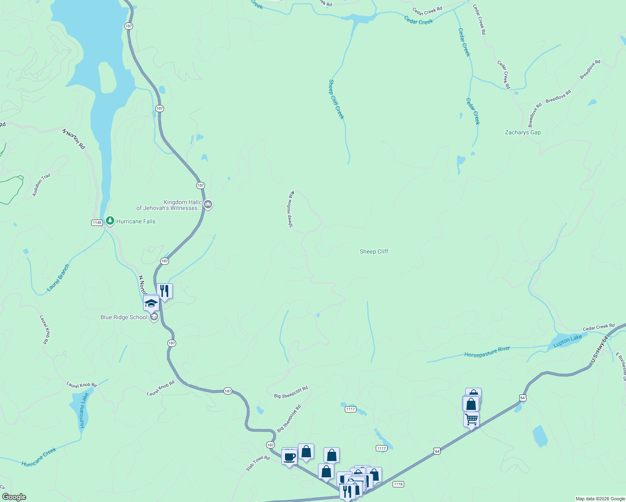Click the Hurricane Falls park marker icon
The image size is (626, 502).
point(110,220)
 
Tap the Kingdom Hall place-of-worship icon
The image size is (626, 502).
point(208,205)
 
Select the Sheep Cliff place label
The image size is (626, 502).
point(374,251)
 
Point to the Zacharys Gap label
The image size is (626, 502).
point(523,132)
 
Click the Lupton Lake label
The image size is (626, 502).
point(567,341)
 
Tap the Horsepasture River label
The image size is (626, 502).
point(487,351)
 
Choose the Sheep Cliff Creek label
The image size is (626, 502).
point(336,100)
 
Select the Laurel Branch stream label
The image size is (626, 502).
point(59,278)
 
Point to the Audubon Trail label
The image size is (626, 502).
point(41,184)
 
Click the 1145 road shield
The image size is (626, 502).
point(97,223)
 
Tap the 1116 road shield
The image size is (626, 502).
point(398,484)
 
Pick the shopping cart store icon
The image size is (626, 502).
point(472,419)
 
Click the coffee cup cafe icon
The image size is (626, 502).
point(289,456)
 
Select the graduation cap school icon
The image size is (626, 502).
point(151,303)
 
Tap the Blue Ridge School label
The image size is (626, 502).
point(124,317)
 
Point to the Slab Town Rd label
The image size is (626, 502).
point(258,464)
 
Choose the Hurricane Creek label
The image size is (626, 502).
point(39,457)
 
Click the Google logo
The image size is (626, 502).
point(14,497)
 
